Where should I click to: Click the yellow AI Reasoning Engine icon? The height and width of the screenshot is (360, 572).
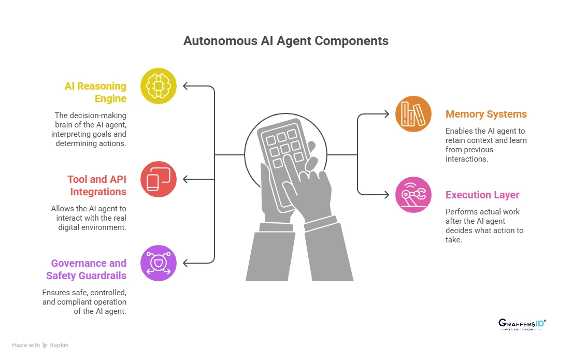pyautogui.click(x=159, y=86)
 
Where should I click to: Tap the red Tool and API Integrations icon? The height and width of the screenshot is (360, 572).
pyautogui.click(x=159, y=179)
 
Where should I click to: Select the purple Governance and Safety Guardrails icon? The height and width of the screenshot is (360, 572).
pyautogui.click(x=159, y=263)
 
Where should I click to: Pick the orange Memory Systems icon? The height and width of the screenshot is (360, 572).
pyautogui.click(x=413, y=113)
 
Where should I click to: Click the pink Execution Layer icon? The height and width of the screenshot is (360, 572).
pyautogui.click(x=413, y=195)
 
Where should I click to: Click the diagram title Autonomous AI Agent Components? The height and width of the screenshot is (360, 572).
pyautogui.click(x=286, y=41)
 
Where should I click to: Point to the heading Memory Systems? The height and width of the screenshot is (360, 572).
pyautogui.click(x=486, y=114)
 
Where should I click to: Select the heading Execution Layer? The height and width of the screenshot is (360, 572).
pyautogui.click(x=482, y=195)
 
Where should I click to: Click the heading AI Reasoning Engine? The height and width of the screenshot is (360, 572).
pyautogui.click(x=95, y=92)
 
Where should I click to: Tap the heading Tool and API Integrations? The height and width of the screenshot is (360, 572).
pyautogui.click(x=97, y=185)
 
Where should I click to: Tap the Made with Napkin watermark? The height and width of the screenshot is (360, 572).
pyautogui.click(x=40, y=345)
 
